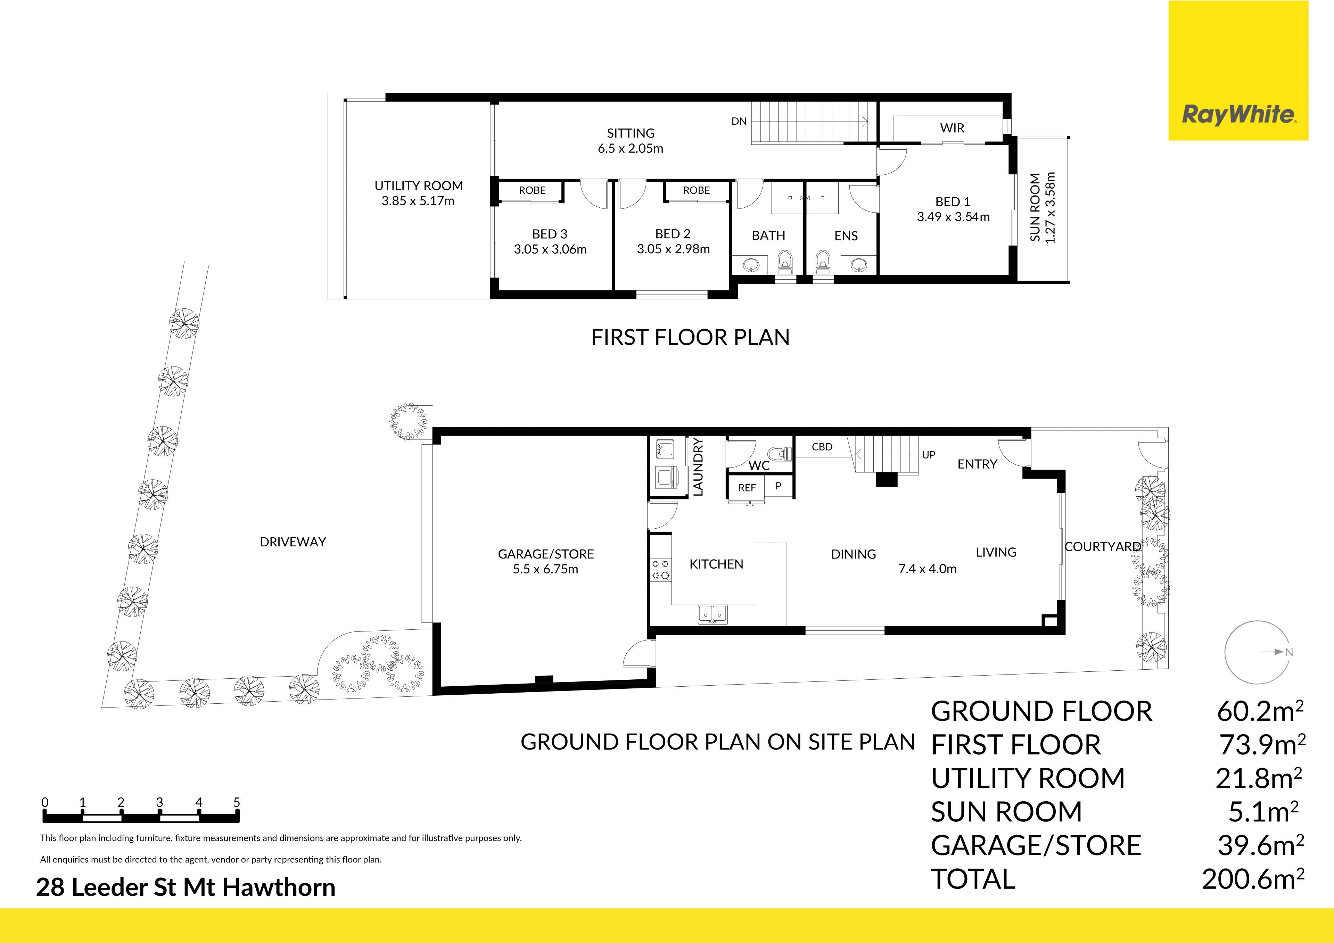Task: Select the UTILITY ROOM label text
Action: pyautogui.click(x=418, y=186)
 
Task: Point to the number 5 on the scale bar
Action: pyautogui.click(x=237, y=802)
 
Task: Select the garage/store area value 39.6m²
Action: pyautogui.click(x=1261, y=845)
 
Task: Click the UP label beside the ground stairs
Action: pyautogui.click(x=929, y=455)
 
